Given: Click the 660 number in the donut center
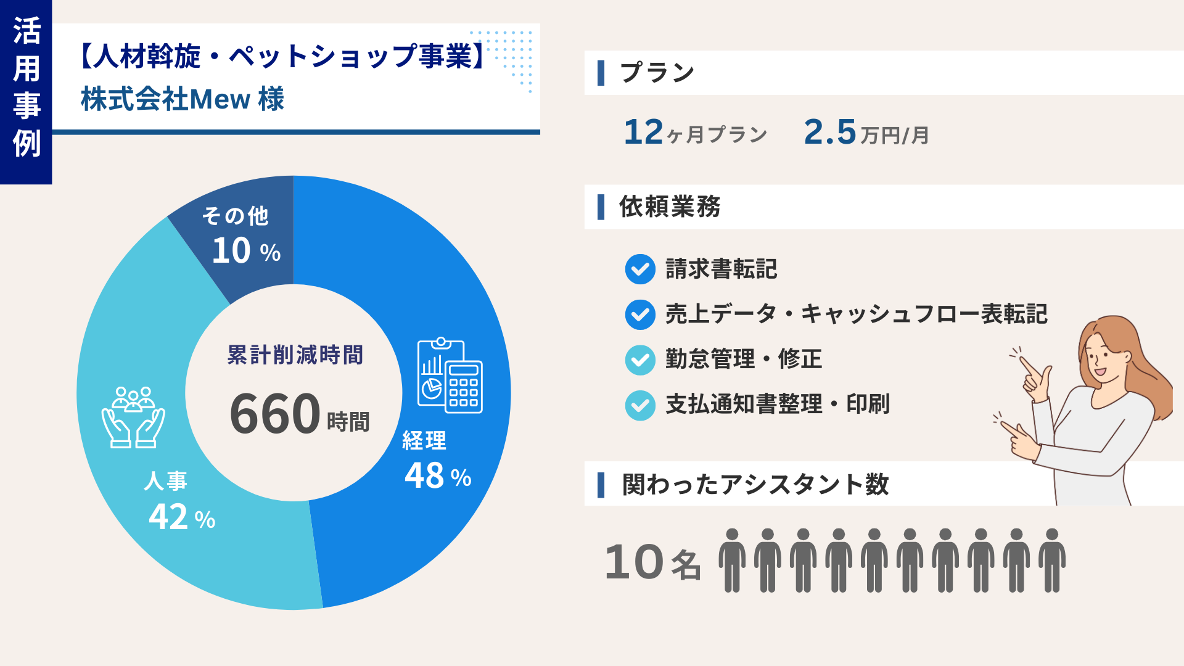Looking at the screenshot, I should click(275, 414).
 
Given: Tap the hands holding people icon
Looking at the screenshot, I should click(133, 417).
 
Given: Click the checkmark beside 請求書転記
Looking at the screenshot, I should click(640, 269).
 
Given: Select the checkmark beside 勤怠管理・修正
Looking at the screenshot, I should click(640, 360).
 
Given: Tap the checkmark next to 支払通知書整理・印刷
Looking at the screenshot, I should click(640, 406).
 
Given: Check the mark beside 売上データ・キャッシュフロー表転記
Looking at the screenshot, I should click(640, 315).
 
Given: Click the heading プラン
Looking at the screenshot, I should click(657, 73).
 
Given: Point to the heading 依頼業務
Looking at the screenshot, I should click(670, 207).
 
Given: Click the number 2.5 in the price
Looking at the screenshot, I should click(830, 132).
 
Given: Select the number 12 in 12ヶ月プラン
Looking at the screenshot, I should click(643, 132).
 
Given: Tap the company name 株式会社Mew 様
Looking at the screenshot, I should click(183, 99).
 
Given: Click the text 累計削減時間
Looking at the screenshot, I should click(295, 355).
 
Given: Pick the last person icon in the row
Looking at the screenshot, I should click(1052, 560).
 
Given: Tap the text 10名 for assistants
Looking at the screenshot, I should click(653, 562).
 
